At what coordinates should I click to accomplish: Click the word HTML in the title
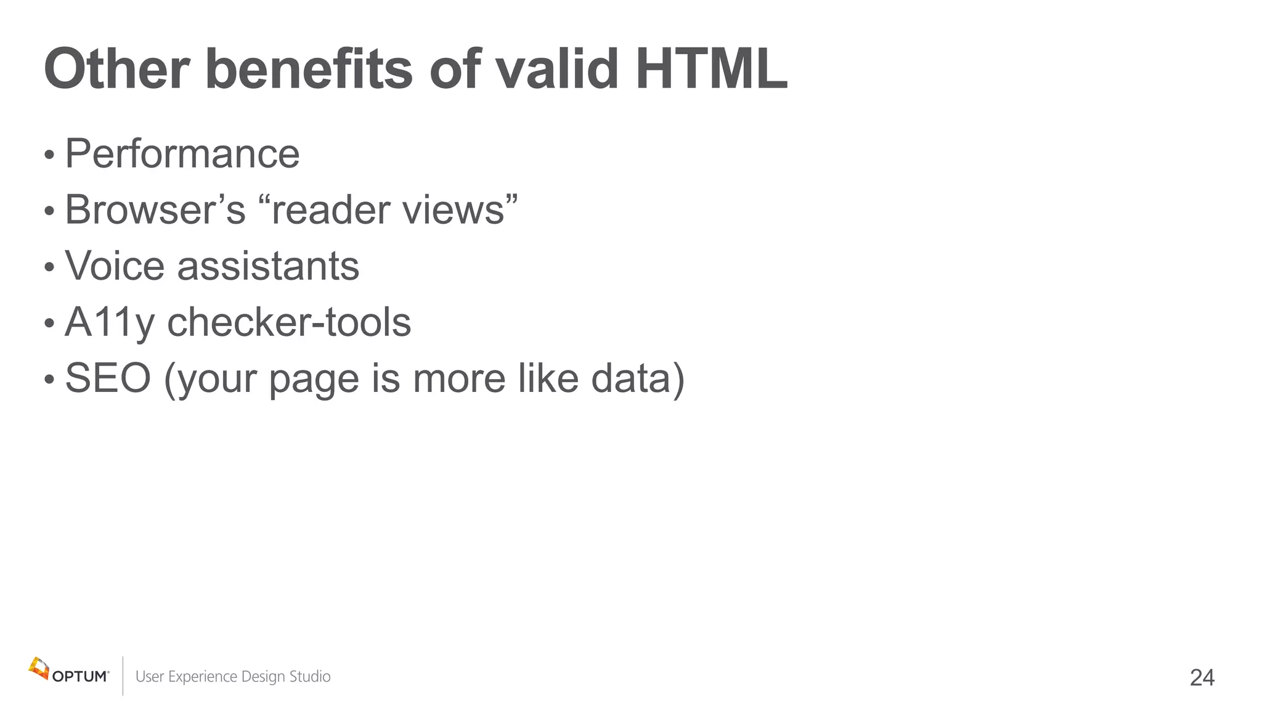click(x=711, y=69)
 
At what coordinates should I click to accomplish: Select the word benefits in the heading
click(x=308, y=69)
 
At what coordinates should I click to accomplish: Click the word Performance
click(x=182, y=153)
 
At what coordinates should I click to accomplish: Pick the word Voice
click(x=115, y=266)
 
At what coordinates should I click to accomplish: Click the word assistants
click(x=268, y=266)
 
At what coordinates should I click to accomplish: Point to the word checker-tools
click(x=289, y=322)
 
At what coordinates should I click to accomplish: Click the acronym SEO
click(x=108, y=378)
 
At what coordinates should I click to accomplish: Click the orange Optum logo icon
click(x=39, y=668)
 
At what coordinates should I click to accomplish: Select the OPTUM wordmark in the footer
click(x=80, y=677)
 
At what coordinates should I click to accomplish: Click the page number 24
click(x=1202, y=678)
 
